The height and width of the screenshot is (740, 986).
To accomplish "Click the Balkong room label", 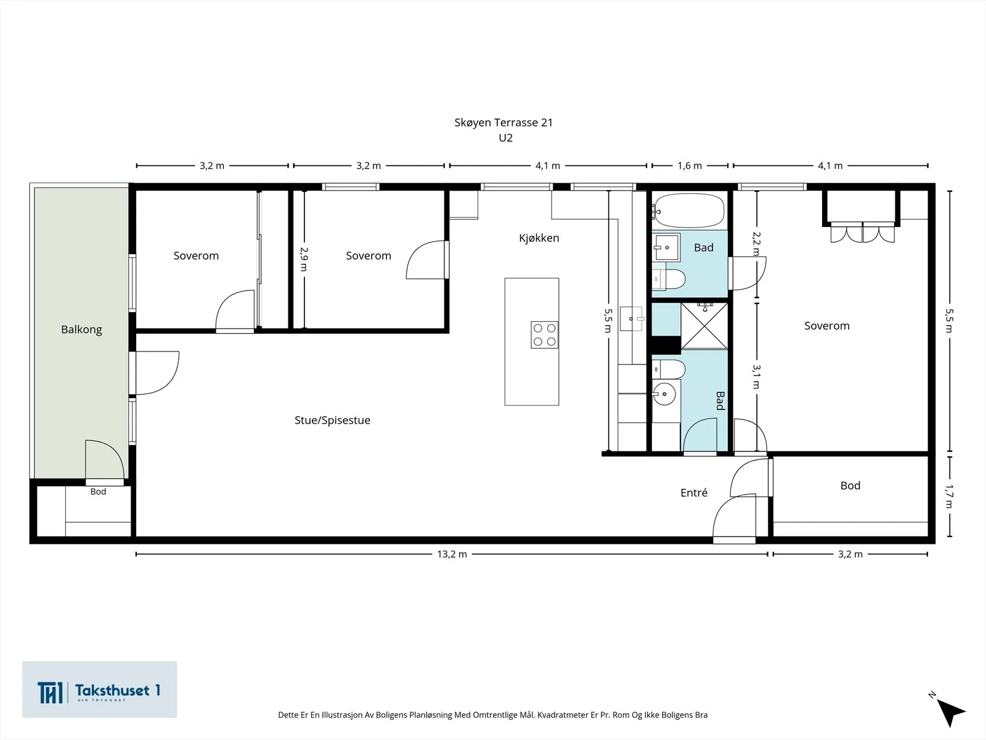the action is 81,330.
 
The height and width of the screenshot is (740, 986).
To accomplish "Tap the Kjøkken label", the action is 539,238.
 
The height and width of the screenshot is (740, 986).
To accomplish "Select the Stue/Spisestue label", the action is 332,421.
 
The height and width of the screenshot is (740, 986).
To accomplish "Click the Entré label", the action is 694,493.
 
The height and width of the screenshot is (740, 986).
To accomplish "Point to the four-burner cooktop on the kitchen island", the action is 544,335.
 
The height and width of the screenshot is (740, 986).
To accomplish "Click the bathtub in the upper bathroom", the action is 688,210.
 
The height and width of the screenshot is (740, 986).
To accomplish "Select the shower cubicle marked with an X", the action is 704,326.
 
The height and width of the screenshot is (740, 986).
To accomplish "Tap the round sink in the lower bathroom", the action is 664,394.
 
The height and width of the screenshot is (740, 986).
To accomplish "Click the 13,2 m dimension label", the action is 452,554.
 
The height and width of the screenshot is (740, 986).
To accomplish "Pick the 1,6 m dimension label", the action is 690,166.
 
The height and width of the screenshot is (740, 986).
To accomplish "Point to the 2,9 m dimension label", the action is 304,259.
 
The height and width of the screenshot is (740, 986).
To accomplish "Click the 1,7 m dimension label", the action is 948,496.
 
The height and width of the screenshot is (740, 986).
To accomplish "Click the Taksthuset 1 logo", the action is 99,689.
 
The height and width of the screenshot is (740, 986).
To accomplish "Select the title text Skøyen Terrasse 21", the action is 503,123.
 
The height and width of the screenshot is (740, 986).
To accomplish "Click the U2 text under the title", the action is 505,138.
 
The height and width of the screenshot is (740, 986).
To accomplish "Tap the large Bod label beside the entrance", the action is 850,486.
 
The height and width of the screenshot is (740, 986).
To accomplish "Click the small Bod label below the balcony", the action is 98,491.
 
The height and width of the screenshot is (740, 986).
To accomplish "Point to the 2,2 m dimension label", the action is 757,244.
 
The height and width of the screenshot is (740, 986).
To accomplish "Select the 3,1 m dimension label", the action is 757,377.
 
